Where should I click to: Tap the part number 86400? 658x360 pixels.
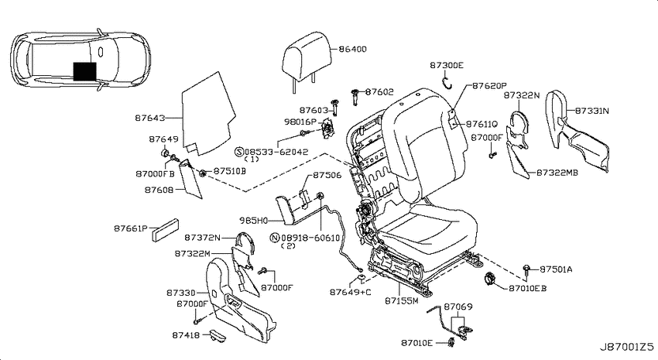pos(352,49)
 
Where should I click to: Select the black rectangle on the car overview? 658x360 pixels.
pos(85,71)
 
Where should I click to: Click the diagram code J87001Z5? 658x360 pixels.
pos(626,347)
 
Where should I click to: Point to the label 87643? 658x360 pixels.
pos(150,118)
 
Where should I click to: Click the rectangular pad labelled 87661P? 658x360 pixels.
pos(165,230)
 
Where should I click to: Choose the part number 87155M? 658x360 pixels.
pos(402,300)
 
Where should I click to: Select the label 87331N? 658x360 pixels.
pos(591,111)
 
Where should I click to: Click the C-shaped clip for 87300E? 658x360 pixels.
pos(447,83)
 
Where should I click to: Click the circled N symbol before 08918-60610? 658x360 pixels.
pos(274,238)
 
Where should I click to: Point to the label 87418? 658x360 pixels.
pos(186,335)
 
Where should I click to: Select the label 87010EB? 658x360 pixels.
pos(527,288)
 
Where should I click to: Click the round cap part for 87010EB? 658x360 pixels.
pos(490,279)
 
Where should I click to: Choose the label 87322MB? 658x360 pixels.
pos(557,173)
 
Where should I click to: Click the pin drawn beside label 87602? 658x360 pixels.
pos(356,97)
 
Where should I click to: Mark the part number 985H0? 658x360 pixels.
pos(252,220)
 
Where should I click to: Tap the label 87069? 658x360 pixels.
pos(458,307)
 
